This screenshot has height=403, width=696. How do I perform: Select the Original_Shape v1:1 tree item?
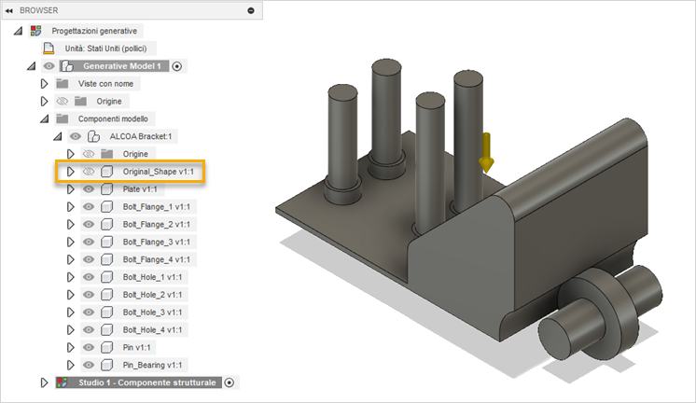pyautogui.click(x=157, y=172)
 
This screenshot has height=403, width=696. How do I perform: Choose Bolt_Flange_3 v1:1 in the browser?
pyautogui.click(x=157, y=243)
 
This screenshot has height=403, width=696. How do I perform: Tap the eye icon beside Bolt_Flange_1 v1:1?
pyautogui.click(x=90, y=207)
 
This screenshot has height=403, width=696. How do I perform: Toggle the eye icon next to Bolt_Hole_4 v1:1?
pyautogui.click(x=90, y=330)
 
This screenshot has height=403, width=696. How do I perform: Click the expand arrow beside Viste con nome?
pyautogui.click(x=43, y=84)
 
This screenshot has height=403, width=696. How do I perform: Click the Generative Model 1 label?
pyautogui.click(x=124, y=66)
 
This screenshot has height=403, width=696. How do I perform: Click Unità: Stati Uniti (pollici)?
pyautogui.click(x=104, y=49)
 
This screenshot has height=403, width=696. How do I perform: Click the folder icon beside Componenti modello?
pyautogui.click(x=63, y=119)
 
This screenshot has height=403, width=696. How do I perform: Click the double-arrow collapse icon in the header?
pyautogui.click(x=9, y=9)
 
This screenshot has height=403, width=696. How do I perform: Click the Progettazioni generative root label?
pyautogui.click(x=94, y=31)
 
